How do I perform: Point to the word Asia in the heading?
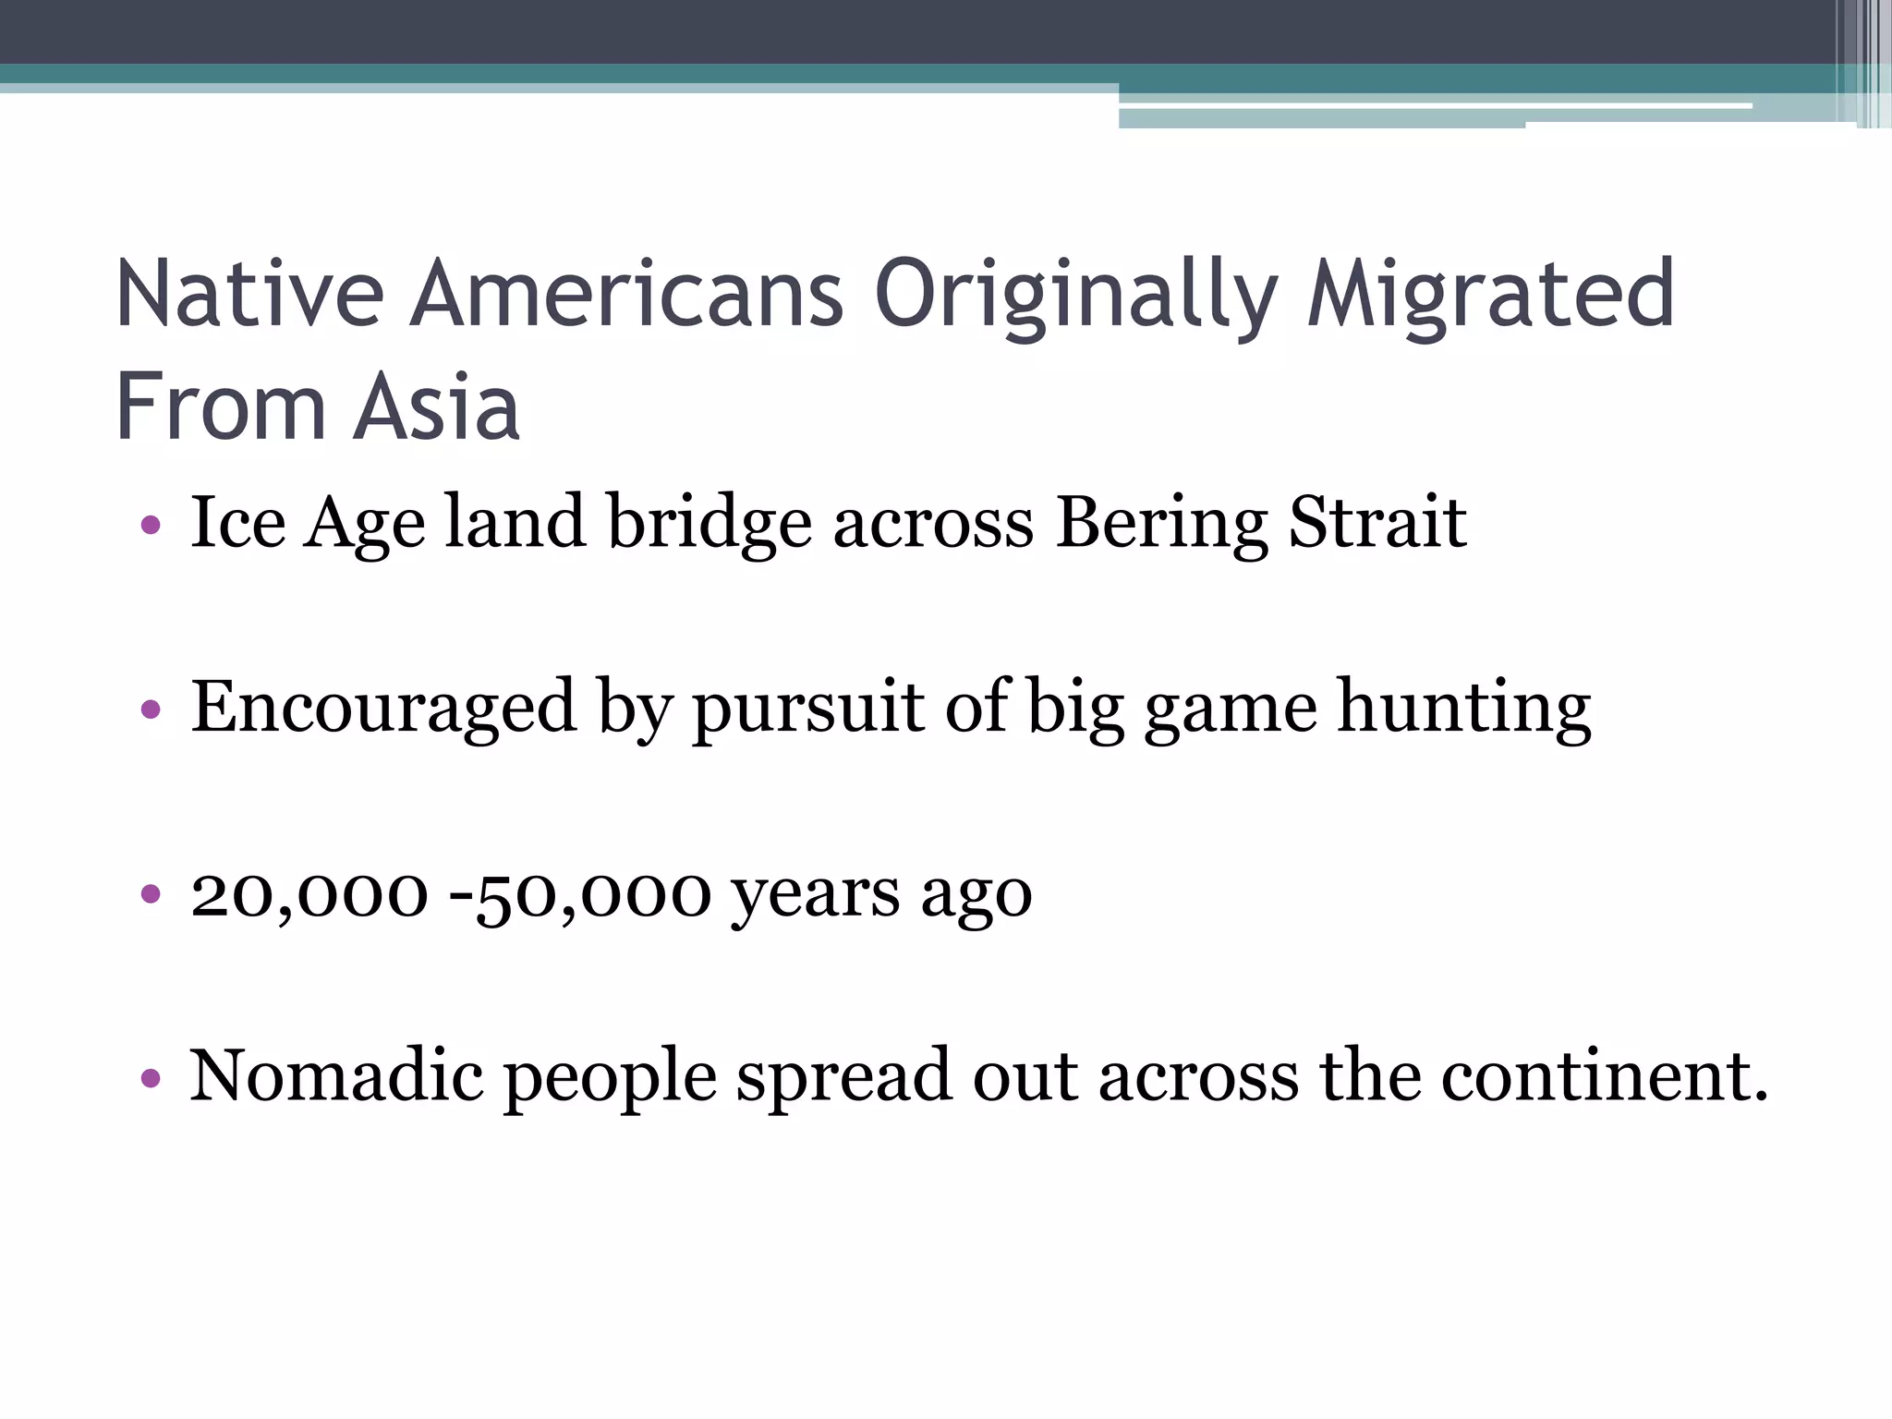coord(437,407)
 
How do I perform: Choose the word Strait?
coord(1377,522)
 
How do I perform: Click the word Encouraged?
coord(383,709)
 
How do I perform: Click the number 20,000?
coord(309,894)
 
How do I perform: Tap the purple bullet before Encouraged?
coord(151,710)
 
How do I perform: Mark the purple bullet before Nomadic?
coord(151,1078)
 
